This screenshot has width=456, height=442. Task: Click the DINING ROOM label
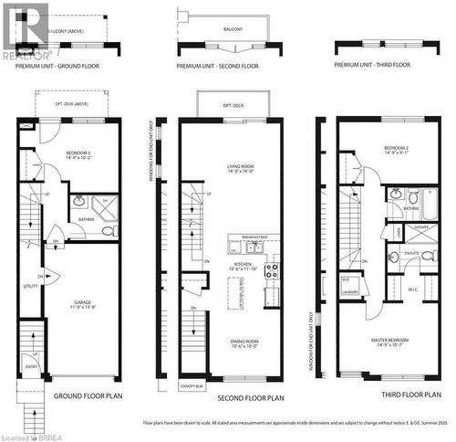pyautogui.click(x=239, y=342)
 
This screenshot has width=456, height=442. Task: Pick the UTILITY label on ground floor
pyautogui.click(x=30, y=286)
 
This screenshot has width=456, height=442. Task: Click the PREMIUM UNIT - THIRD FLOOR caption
pyautogui.click(x=373, y=65)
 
